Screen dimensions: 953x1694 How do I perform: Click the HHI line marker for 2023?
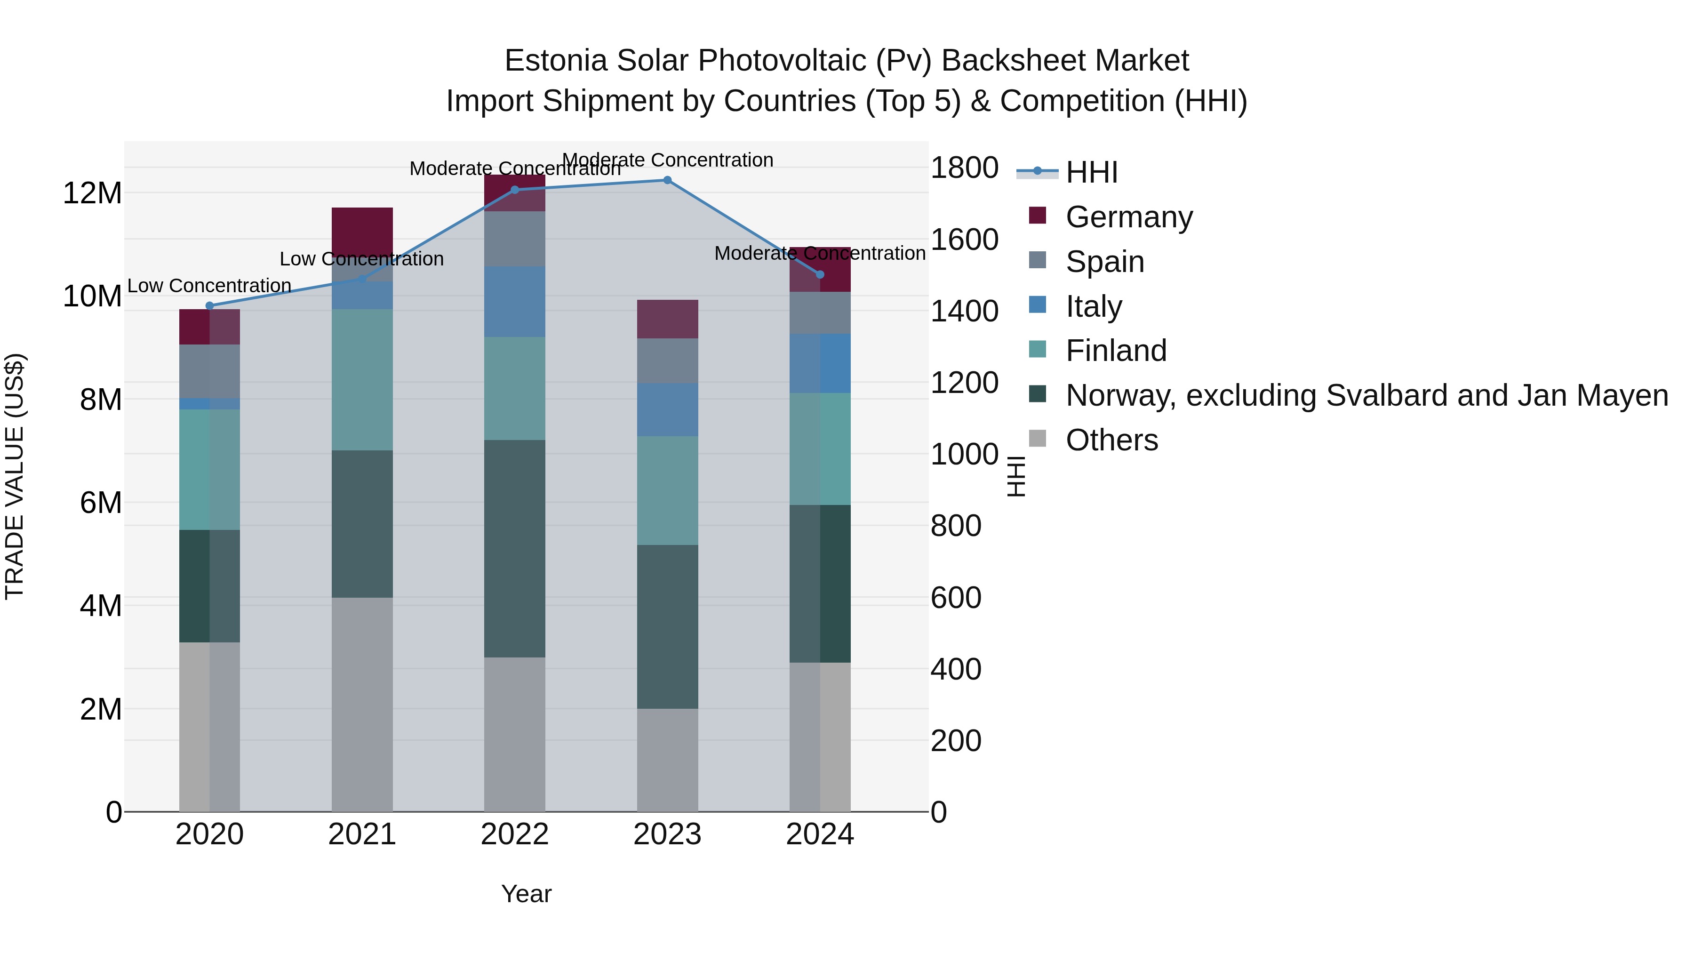(667, 180)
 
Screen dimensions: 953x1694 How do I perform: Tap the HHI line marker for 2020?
(210, 306)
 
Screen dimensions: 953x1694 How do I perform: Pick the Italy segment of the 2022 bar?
(514, 302)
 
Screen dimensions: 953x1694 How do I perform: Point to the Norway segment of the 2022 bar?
(514, 549)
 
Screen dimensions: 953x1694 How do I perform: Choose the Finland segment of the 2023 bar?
(667, 491)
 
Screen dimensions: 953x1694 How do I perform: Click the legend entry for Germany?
(1128, 217)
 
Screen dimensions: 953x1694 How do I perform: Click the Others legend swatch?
(1037, 439)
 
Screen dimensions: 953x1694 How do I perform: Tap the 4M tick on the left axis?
(100, 606)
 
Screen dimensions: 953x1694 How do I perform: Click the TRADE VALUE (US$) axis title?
(15, 476)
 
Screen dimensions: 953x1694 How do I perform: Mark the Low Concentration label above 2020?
(209, 286)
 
